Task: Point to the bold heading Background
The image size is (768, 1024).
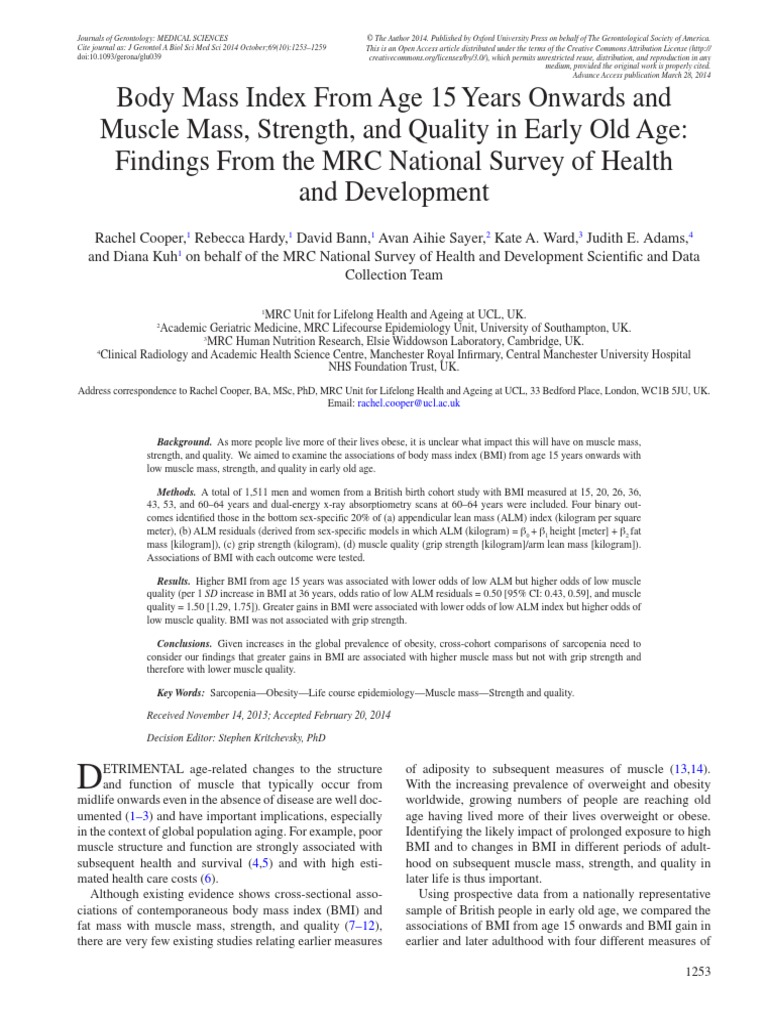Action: (x=185, y=441)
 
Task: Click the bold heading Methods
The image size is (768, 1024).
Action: (x=178, y=493)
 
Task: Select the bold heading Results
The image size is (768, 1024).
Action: (x=176, y=581)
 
